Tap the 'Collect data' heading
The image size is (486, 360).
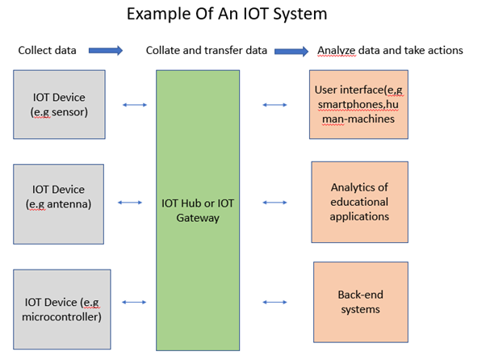pyautogui.click(x=48, y=50)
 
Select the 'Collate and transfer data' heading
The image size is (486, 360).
pyautogui.click(x=206, y=50)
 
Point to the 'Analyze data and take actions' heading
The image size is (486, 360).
pyautogui.click(x=390, y=50)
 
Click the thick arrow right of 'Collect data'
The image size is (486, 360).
pyautogui.click(x=106, y=50)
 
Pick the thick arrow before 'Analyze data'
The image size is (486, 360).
pyautogui.click(x=291, y=51)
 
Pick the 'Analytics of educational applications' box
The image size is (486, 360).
pyautogui.click(x=359, y=203)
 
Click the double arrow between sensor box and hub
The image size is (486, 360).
pyautogui.click(x=133, y=104)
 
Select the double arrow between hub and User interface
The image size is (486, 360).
pyautogui.click(x=275, y=104)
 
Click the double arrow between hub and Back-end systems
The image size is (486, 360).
pyautogui.click(x=276, y=303)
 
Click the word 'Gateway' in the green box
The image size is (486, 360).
pyautogui.click(x=198, y=218)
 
